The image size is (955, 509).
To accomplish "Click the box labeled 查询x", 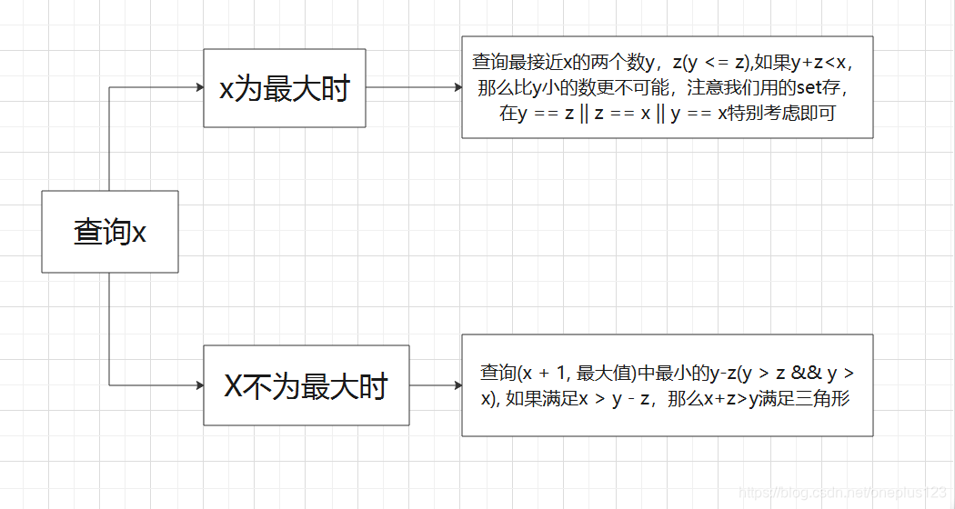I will point(109,232).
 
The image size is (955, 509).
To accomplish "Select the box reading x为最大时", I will point(284,88).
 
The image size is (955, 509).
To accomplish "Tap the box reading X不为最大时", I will point(306,385).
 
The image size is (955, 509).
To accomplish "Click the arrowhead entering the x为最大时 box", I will point(199,87).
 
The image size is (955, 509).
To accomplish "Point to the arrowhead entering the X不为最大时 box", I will point(199,385).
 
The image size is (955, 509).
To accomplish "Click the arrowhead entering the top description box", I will point(457,88).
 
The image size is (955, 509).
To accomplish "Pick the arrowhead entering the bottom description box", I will point(457,385).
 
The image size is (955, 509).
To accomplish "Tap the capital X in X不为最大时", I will point(234,386).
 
